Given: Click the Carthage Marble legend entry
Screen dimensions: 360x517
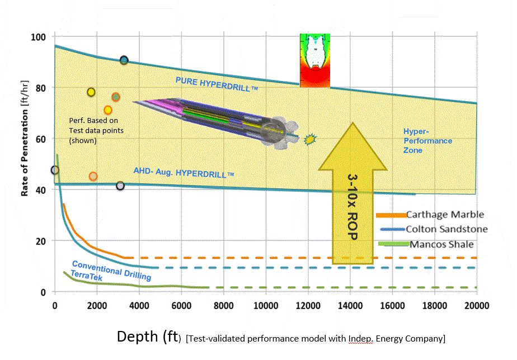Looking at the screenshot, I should (444, 215).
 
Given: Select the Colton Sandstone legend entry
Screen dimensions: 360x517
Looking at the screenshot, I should (447, 229).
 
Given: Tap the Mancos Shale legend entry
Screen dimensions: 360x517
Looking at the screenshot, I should (442, 244).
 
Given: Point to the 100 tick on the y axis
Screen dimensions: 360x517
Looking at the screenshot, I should (38, 37).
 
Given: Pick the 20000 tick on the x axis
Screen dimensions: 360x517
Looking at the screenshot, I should (477, 305).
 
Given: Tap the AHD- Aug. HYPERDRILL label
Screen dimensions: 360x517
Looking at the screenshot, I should (183, 172).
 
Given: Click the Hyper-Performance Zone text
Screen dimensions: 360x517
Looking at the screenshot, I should (427, 141).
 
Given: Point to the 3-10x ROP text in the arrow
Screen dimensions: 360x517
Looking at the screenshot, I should (352, 207).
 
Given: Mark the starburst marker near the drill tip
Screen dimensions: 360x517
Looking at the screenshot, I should (309, 139).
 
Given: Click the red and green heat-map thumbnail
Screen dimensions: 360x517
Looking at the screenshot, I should (315, 60).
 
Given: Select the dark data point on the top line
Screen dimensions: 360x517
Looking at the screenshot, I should (124, 60).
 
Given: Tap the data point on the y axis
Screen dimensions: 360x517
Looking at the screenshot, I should (54, 170).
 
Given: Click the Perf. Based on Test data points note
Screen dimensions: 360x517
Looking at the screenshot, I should (96, 130).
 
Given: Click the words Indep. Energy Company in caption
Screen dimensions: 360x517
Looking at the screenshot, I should (398, 338).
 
